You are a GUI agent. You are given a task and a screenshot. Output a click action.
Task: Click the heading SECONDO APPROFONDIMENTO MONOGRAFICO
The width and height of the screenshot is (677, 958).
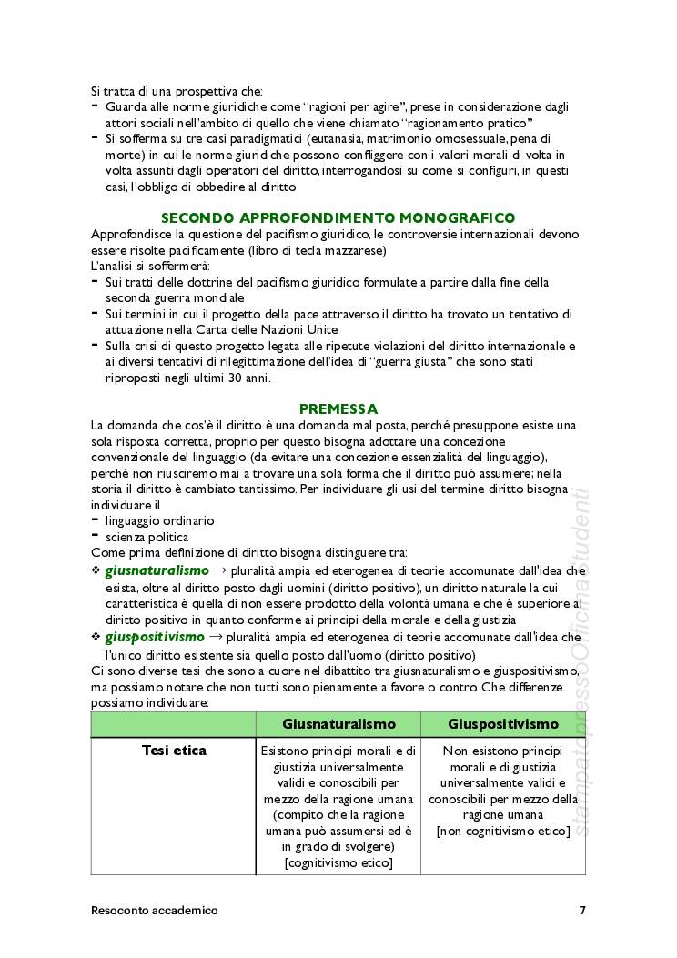338,218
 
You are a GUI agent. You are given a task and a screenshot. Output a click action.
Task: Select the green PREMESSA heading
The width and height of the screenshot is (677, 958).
338,409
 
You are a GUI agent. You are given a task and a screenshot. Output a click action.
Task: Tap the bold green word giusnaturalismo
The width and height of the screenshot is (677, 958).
157,570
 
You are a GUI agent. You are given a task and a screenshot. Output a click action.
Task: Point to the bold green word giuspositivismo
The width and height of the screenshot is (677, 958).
155,637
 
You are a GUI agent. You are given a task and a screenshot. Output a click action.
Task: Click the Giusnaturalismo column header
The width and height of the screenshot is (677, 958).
338,724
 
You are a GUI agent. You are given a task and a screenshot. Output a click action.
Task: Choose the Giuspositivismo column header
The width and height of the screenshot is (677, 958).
502,724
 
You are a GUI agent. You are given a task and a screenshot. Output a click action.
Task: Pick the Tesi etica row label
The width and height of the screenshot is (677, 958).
174,751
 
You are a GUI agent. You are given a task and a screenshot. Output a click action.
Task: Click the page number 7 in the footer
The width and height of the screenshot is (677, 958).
582,910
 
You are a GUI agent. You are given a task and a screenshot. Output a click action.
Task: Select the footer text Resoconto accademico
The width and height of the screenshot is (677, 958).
155,910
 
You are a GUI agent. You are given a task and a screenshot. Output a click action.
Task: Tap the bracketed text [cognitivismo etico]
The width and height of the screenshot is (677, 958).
338,862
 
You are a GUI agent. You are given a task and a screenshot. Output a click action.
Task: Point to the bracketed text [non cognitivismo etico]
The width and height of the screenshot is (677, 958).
502,831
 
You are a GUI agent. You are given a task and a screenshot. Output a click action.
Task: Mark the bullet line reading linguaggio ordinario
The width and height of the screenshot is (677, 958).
159,521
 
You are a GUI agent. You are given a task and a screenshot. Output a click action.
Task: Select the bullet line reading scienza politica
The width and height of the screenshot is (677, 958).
147,537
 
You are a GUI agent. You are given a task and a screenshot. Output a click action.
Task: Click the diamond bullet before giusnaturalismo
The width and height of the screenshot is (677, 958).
96,571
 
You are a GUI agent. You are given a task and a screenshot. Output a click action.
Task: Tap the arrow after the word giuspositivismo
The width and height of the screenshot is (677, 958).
219,637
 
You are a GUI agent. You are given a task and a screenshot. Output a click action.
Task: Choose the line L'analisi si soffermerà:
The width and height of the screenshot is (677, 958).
150,266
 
